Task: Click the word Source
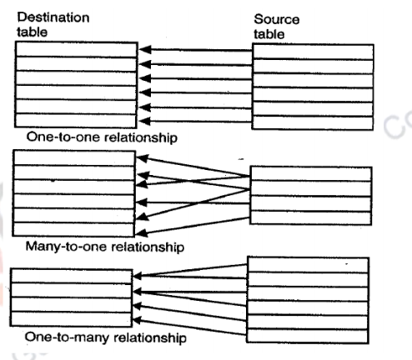279,19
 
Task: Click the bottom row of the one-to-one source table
312,122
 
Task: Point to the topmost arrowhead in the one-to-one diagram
143,52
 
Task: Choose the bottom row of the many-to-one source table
311,217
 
